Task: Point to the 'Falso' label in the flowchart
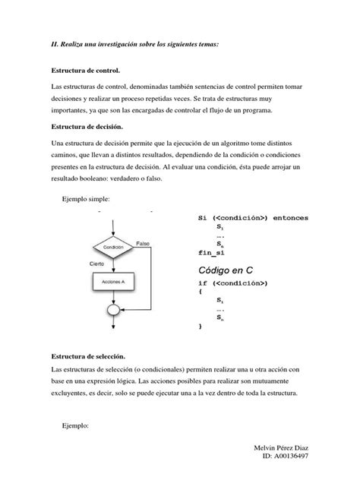(x=144, y=242)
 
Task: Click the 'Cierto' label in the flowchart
(x=97, y=264)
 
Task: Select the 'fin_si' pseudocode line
(x=211, y=253)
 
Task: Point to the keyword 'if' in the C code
(x=203, y=283)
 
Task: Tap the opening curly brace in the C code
(x=201, y=292)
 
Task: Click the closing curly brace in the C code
(x=201, y=327)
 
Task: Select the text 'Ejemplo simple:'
(x=86, y=199)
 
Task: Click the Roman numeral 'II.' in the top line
(x=55, y=45)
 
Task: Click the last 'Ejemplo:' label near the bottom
(x=74, y=427)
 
